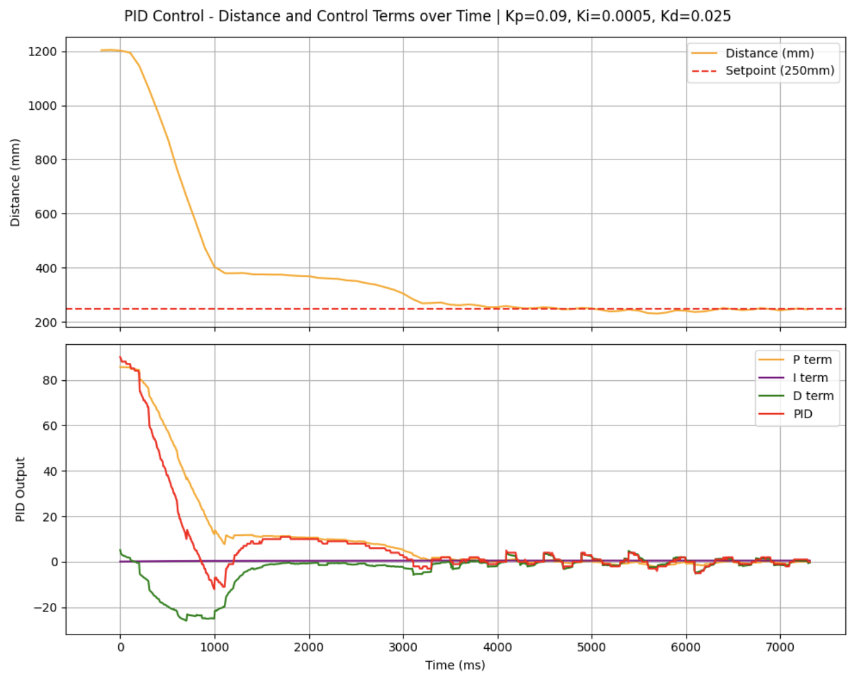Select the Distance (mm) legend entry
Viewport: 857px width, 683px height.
769,54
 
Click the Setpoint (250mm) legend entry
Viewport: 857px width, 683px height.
780,70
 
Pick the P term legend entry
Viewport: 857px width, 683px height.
812,360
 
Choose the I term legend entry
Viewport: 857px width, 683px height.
810,378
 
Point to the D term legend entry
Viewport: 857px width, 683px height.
812,396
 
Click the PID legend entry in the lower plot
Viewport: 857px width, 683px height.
803,414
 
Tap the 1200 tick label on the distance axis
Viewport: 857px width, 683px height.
43,52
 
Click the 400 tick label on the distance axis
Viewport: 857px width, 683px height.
46,268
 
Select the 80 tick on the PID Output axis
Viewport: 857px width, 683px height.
50,380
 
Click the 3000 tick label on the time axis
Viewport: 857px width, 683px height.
403,647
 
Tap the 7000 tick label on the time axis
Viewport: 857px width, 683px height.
780,647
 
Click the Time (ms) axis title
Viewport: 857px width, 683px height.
455,666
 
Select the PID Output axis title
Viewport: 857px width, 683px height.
20,489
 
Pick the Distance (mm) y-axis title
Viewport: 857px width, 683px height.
15,183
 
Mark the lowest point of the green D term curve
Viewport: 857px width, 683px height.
187,620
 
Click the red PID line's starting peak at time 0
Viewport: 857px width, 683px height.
120,357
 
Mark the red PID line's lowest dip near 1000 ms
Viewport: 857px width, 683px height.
214,589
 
